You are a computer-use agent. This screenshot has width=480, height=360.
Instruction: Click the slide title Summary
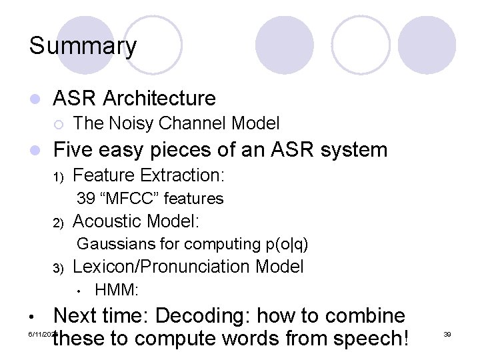point(83,47)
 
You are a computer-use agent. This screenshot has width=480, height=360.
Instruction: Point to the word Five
point(74,149)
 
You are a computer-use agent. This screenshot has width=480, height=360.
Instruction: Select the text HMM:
point(117,290)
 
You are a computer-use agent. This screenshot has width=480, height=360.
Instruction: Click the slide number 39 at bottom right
point(447,333)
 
